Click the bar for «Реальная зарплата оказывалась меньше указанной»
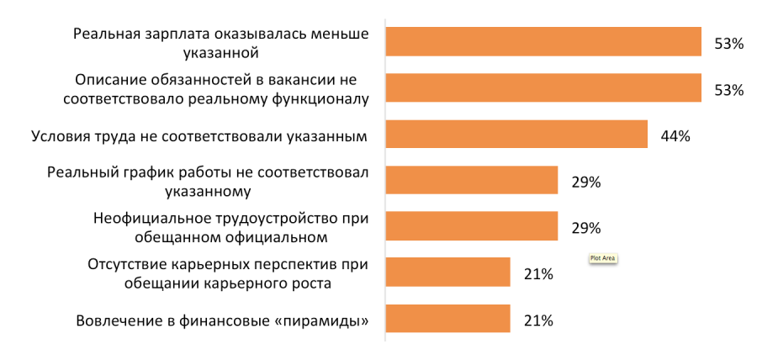point(543,42)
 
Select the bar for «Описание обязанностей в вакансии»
point(543,88)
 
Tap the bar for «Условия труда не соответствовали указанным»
point(516,135)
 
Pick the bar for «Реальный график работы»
point(472,180)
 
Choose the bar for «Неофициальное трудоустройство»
point(472,226)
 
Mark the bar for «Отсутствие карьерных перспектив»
point(448,273)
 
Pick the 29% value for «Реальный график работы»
point(585,182)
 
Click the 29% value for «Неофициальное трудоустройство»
point(585,228)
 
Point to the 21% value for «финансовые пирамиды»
point(537,320)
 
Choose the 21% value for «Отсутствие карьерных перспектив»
point(537,274)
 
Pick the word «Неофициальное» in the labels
point(146,219)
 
